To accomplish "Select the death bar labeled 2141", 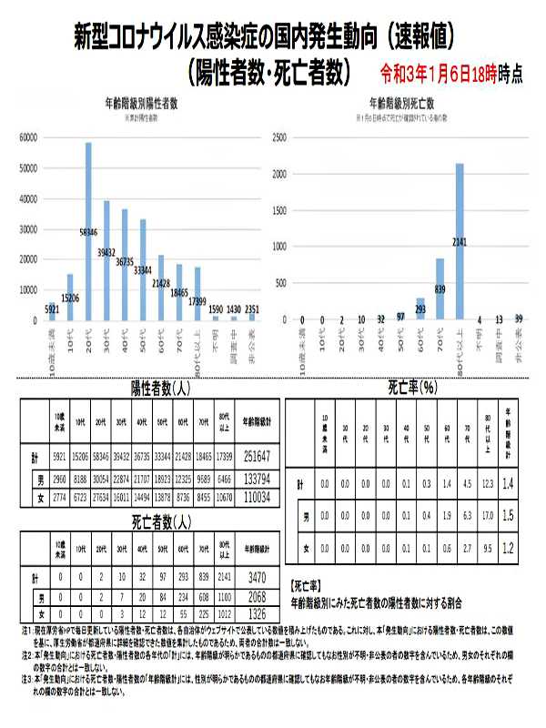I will pos(460,242).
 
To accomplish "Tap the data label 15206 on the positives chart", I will pos(70,298).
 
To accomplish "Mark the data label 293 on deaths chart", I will pos(420,308).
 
